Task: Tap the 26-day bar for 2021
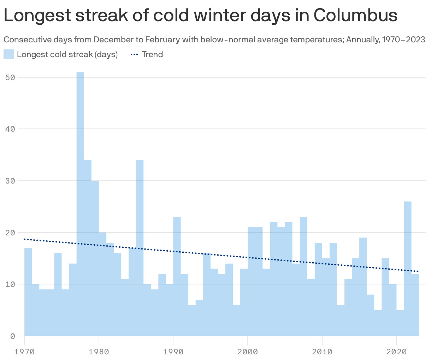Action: pyautogui.click(x=408, y=268)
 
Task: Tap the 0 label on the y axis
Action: pyautogui.click(x=12, y=336)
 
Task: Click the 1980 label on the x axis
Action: pyautogui.click(x=99, y=352)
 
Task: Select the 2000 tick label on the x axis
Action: pyautogui.click(x=248, y=352)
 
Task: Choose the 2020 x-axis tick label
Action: pyautogui.click(x=396, y=352)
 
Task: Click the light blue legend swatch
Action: pyautogui.click(x=9, y=54)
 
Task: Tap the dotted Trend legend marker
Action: pyautogui.click(x=135, y=54)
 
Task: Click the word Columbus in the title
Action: pyautogui.click(x=355, y=15)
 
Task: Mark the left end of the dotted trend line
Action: pyautogui.click(x=25, y=239)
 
